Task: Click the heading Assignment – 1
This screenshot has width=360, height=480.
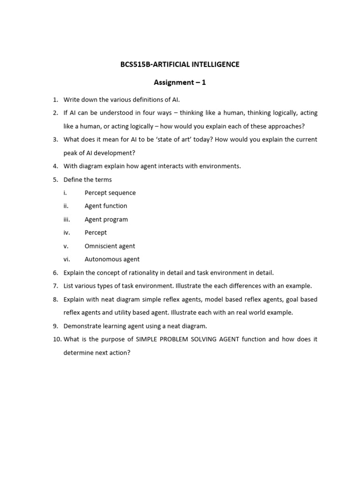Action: pyautogui.click(x=180, y=82)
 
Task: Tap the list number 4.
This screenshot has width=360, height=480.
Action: pyautogui.click(x=55, y=166)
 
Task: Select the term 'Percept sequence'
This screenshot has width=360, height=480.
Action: pyautogui.click(x=110, y=193)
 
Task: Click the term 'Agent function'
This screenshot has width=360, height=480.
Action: pyautogui.click(x=106, y=206)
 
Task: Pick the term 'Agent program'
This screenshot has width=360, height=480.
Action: pyautogui.click(x=106, y=219)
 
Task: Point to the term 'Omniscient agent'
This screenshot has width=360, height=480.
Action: pyautogui.click(x=110, y=246)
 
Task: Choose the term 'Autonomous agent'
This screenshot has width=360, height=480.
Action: pyautogui.click(x=112, y=259)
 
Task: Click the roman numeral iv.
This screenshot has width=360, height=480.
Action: pyautogui.click(x=67, y=232)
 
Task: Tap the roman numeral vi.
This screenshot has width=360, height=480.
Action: pyautogui.click(x=67, y=259)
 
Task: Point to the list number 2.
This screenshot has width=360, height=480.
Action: pyautogui.click(x=55, y=113)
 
